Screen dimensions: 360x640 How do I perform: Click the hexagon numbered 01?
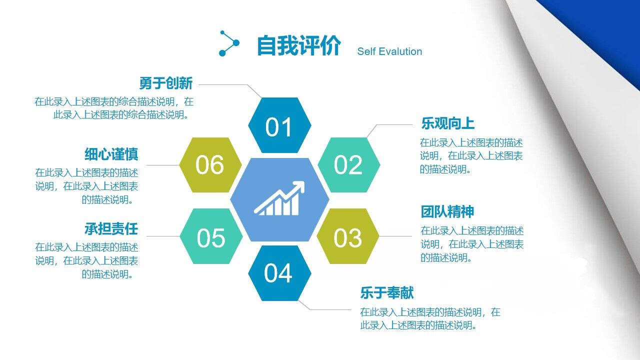[x=279, y=125]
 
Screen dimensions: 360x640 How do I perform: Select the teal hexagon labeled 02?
[x=348, y=165]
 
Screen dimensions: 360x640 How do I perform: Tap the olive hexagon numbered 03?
[x=348, y=236]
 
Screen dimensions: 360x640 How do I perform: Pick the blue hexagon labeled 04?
[x=279, y=273]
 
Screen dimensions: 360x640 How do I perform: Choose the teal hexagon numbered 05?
[x=210, y=236]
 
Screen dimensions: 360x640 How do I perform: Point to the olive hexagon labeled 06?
[x=210, y=165]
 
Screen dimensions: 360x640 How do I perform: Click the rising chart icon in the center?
[x=279, y=199]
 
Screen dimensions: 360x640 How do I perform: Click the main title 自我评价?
[x=298, y=46]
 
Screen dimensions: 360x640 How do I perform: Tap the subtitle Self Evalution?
[x=389, y=51]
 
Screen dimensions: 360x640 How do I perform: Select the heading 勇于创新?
[x=165, y=83]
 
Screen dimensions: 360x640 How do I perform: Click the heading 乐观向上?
[x=447, y=123]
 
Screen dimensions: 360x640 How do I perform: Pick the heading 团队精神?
[x=447, y=211]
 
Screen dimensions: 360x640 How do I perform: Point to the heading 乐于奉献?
[x=387, y=292]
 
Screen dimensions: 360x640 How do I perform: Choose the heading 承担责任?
[x=111, y=229]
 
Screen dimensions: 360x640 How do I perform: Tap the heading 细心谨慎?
[x=111, y=154]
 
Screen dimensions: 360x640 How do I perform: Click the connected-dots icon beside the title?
[x=229, y=43]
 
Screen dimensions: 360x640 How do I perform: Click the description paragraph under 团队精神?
[x=471, y=244]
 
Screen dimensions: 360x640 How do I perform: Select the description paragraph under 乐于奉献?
[x=430, y=318]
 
